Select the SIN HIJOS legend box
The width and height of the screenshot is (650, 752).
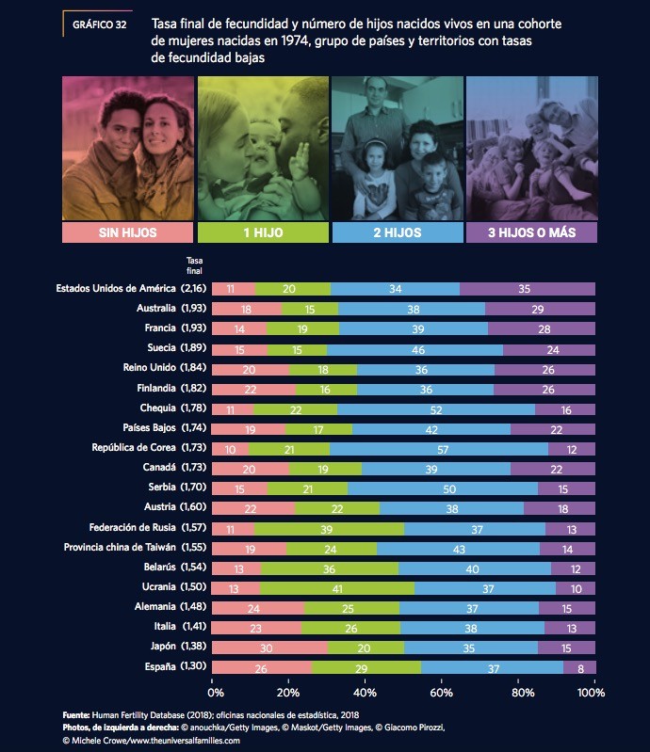(127, 232)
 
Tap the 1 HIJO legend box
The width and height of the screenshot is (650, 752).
(263, 232)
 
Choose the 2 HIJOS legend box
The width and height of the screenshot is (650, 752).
(397, 232)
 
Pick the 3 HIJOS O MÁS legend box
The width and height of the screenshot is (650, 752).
(530, 232)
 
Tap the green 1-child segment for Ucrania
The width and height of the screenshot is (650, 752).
(337, 588)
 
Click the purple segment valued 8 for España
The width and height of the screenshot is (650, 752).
(579, 667)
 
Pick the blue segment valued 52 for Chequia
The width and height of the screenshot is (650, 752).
(436, 408)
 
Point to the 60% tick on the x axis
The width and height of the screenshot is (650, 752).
(441, 693)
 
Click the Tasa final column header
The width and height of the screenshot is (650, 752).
(194, 265)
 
